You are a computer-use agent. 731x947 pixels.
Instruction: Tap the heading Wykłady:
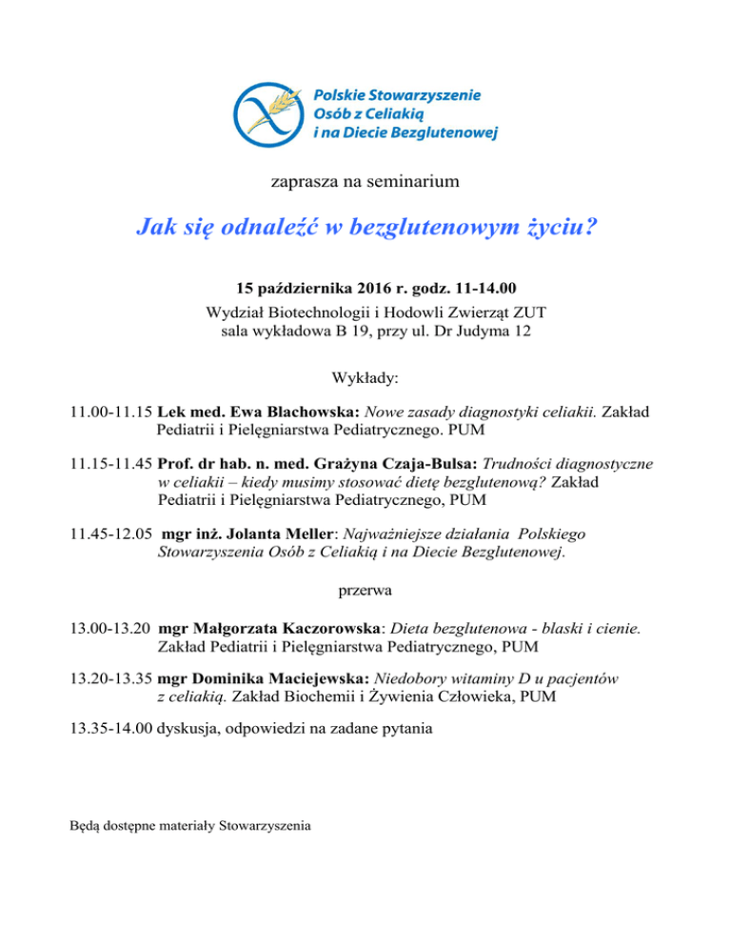click(x=365, y=378)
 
